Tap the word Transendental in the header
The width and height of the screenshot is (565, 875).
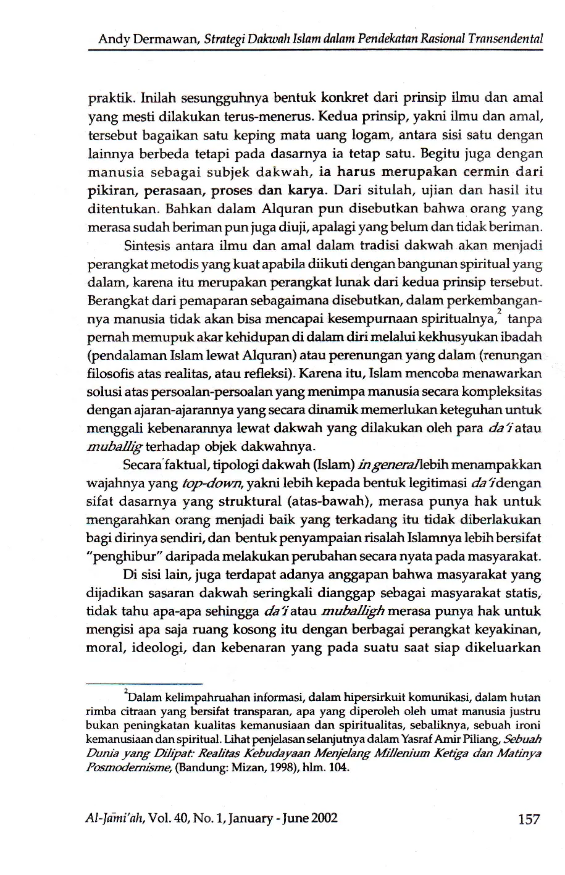[512, 39]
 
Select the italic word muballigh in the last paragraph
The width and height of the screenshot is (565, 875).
[353, 612]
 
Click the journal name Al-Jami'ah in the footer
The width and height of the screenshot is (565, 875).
[114, 819]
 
